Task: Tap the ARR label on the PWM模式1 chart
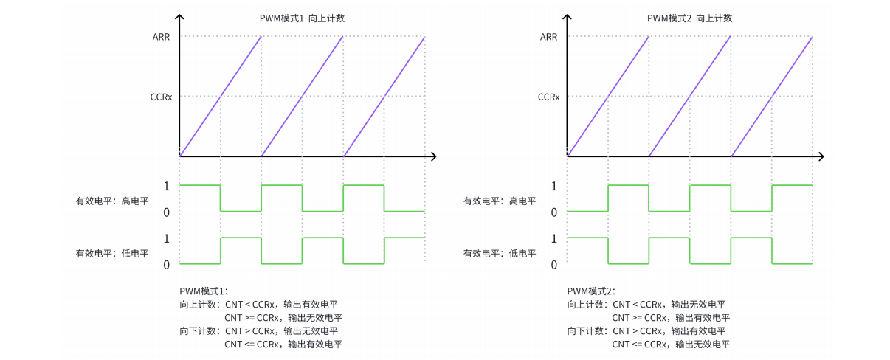[x=162, y=36]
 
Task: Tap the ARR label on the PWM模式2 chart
[x=549, y=36]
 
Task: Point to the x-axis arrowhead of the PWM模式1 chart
[x=434, y=156]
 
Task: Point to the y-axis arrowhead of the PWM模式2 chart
[x=567, y=16]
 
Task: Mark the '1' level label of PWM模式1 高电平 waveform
[x=167, y=186]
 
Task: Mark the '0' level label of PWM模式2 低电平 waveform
[x=554, y=265]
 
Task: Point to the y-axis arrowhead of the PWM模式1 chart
[x=179, y=16]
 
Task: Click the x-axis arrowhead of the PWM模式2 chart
[x=821, y=156]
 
